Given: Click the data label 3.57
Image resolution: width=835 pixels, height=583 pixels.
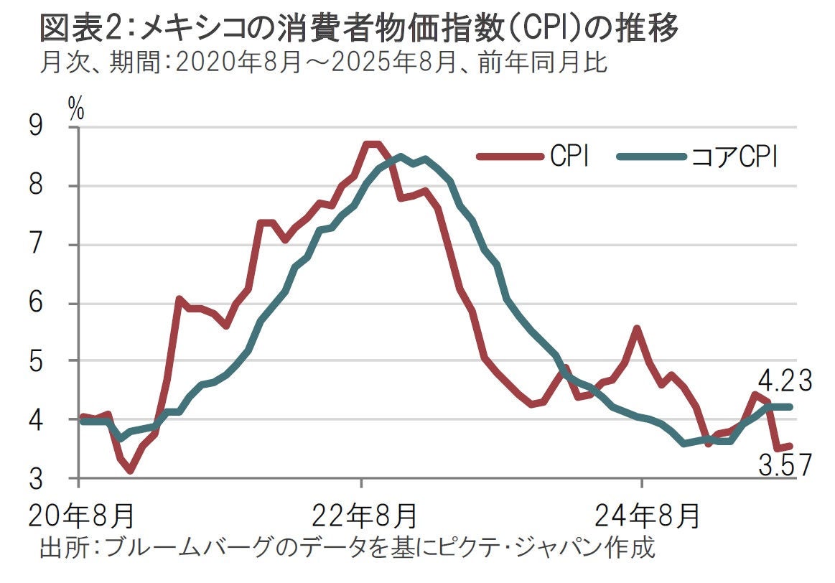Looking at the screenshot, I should (x=785, y=467).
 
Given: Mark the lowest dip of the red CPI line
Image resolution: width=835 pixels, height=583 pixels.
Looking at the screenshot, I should (x=130, y=471).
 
